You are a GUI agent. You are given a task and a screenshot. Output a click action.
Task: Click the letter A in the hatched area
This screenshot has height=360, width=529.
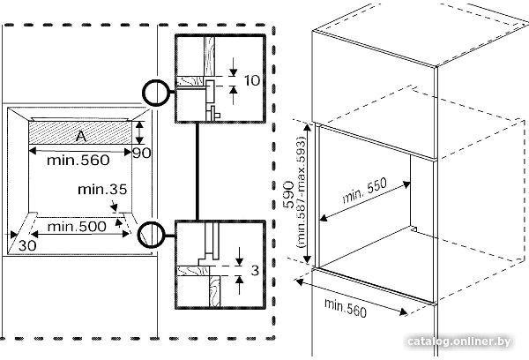click(81, 136)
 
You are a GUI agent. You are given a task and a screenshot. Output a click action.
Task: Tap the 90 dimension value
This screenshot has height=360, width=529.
click(142, 154)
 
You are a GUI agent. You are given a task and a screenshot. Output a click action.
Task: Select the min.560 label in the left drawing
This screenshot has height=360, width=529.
click(78, 160)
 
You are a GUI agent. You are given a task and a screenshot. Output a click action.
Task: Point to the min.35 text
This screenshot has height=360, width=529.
click(102, 190)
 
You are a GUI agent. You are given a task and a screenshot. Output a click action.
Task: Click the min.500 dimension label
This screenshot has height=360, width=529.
click(77, 226)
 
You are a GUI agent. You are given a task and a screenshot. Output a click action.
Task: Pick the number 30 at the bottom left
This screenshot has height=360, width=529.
click(27, 245)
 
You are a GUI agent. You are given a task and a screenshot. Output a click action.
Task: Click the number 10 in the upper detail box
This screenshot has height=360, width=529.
click(252, 80)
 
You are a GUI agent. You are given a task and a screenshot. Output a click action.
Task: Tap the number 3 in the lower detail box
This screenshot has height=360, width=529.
click(255, 270)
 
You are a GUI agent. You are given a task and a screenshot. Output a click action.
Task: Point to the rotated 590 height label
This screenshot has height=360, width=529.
click(289, 195)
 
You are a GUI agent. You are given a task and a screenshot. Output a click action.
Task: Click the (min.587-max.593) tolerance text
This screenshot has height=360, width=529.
click(302, 193)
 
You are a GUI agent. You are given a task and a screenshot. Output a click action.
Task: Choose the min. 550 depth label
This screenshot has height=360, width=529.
click(365, 191)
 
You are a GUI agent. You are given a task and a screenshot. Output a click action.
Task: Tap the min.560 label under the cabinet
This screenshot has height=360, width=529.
click(345, 308)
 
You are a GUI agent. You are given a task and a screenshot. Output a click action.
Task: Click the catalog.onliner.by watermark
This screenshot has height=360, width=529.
click(458, 341)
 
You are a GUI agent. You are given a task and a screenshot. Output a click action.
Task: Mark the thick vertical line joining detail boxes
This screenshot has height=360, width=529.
click(197, 171)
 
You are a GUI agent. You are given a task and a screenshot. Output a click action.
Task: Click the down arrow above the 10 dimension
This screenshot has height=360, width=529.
click(233, 67)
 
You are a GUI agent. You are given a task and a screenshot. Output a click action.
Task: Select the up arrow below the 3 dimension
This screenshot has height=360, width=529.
click(240, 285)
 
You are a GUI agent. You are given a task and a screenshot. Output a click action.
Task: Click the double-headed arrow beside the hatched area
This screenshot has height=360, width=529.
click(139, 132)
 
